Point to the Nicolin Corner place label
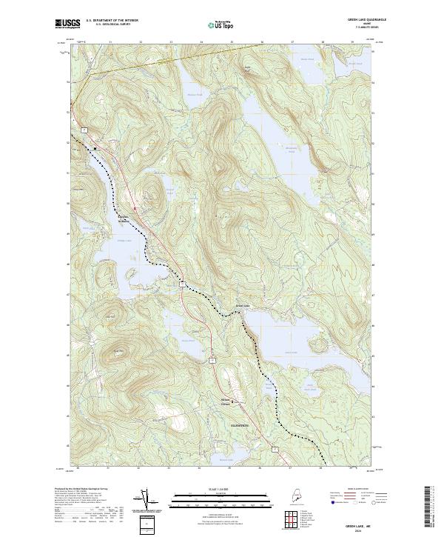(227, 403)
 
